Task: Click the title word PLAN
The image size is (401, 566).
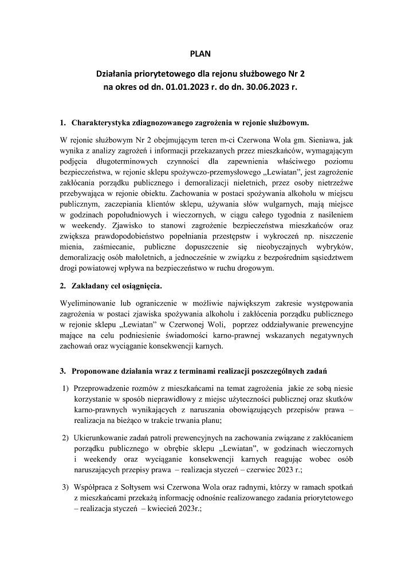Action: [x=200, y=54]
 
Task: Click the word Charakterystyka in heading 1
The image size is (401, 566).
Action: [x=101, y=122]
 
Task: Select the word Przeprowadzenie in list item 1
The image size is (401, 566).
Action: [x=103, y=390]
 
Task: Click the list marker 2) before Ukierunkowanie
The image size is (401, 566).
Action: [x=65, y=438]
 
